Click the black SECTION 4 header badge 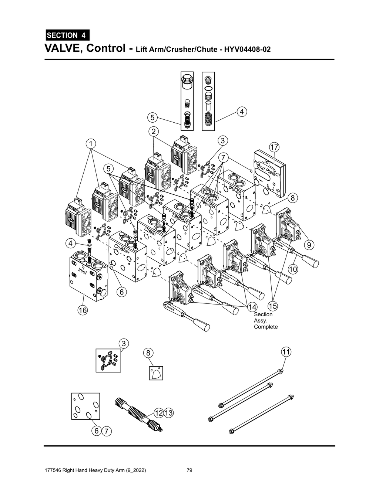(x=67, y=35)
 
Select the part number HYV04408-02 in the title (x=245, y=49)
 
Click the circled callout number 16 (x=82, y=310)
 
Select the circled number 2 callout (x=153, y=131)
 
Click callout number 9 (x=308, y=245)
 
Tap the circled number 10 (x=293, y=269)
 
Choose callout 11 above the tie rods (x=286, y=351)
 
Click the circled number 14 (x=252, y=306)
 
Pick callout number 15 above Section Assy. (x=273, y=306)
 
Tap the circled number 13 (x=168, y=413)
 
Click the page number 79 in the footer (x=189, y=470)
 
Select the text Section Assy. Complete (x=265, y=320)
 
